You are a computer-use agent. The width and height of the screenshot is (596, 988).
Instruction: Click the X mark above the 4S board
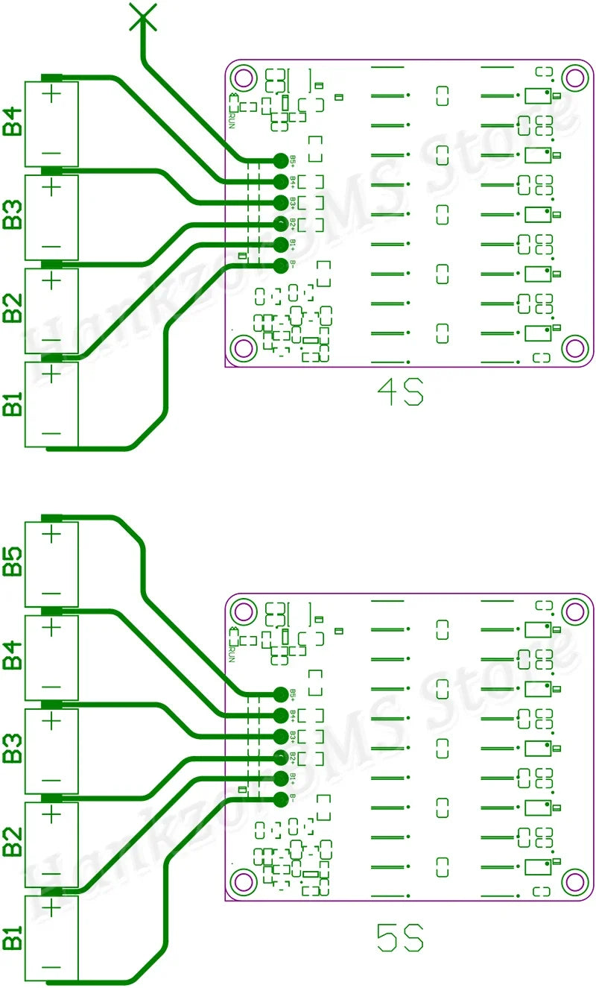[142, 16]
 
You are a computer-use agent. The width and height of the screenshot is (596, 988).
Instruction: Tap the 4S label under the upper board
[400, 392]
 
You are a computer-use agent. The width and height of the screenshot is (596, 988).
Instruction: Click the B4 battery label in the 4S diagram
[13, 122]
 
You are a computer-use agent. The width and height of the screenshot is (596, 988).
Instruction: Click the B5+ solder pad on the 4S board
[280, 160]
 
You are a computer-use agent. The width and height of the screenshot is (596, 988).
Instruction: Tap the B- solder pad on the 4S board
[280, 265]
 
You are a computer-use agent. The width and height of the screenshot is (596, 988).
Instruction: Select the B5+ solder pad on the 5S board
[280, 694]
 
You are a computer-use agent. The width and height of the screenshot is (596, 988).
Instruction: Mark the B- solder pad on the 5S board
[280, 800]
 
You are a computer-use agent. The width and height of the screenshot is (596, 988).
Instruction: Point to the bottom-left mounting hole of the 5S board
[243, 881]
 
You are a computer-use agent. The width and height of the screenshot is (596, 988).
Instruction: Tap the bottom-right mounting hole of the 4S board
[574, 347]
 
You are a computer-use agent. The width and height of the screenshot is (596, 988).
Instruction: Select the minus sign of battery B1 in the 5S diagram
[51, 968]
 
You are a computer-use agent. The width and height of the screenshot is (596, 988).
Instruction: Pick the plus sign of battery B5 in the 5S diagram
[51, 534]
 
